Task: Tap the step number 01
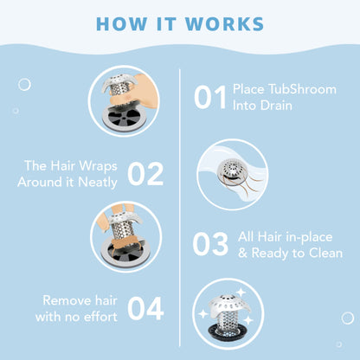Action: click(210, 98)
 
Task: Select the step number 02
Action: click(145, 173)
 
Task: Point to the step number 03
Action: click(210, 245)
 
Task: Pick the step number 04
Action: click(145, 308)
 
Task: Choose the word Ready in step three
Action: click(275, 253)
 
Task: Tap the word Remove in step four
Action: click(59, 300)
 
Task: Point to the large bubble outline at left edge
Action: click(24, 85)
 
